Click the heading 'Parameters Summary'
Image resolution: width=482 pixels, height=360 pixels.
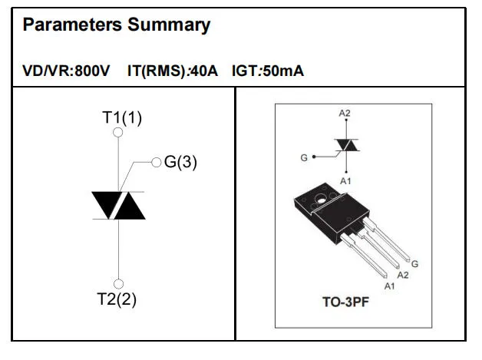point(117,25)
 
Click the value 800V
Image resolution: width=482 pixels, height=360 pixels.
point(92,71)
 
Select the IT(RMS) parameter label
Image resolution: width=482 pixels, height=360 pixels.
point(156,71)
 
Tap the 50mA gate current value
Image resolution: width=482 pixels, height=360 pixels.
point(283,71)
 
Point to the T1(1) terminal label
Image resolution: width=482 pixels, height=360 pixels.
point(122,117)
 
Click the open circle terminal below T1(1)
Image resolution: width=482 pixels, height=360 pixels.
point(118,133)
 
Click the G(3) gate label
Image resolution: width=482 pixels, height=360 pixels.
point(180,162)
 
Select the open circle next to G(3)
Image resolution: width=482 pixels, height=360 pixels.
point(157,162)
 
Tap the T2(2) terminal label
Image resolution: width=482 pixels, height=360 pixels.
point(117,299)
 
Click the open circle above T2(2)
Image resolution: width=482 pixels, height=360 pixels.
point(118,284)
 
